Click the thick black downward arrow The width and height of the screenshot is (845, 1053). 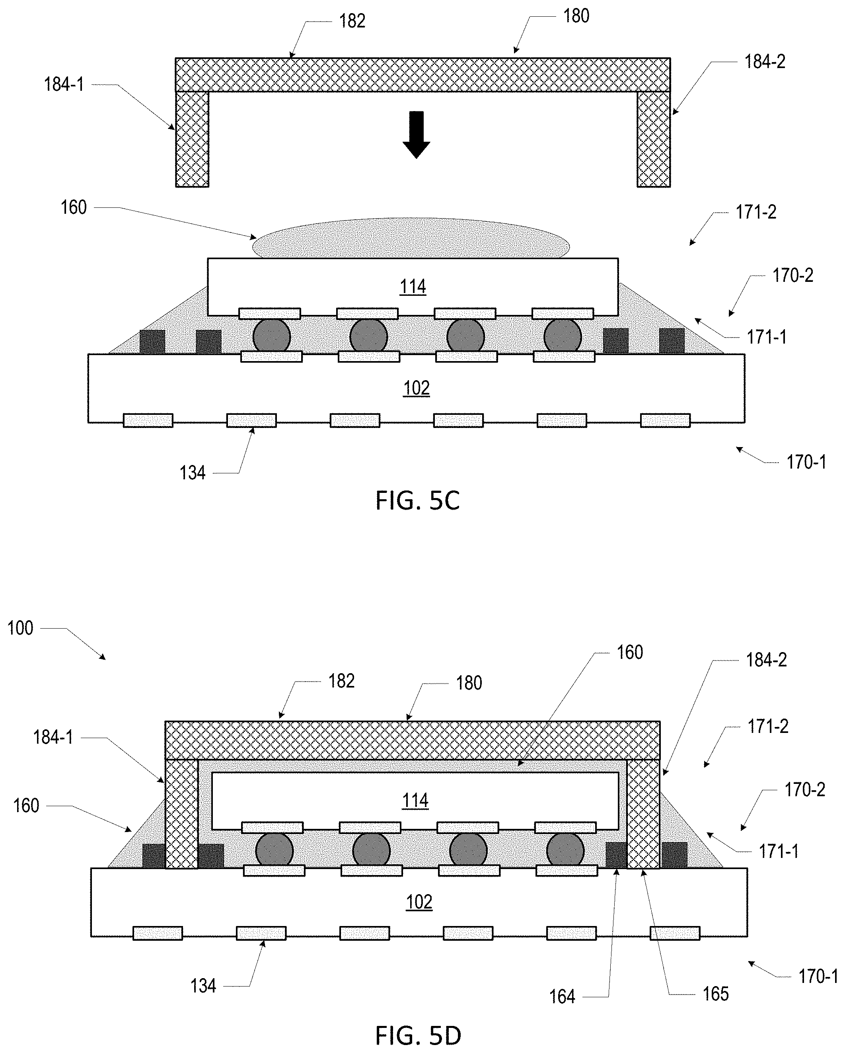click(417, 135)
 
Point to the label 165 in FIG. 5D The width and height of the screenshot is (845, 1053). click(715, 994)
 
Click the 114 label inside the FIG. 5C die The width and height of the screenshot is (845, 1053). click(413, 287)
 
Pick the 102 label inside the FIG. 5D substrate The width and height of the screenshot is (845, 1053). click(419, 902)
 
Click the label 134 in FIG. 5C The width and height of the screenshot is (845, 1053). click(192, 473)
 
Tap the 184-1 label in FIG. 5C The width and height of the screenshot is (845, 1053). click(64, 84)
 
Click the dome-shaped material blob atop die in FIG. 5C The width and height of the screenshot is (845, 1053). click(411, 239)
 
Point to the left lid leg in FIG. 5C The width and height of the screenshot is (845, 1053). click(192, 139)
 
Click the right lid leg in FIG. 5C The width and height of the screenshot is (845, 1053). click(654, 139)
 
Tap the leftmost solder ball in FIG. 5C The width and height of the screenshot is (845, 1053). click(272, 336)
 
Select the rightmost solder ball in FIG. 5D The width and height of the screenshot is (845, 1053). click(565, 850)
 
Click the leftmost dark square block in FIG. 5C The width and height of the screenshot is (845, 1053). click(152, 342)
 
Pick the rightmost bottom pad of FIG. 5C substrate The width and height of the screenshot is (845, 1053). click(665, 420)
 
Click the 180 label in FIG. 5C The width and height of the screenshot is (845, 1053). click(576, 16)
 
